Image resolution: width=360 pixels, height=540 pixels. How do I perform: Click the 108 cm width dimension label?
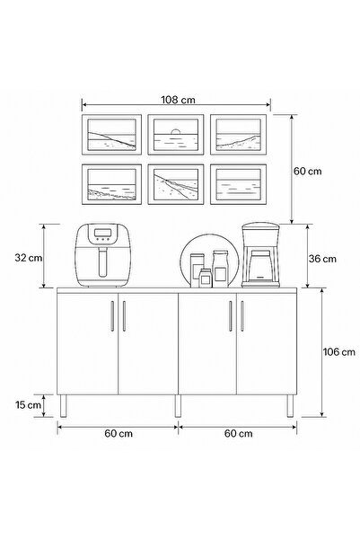[x=178, y=100]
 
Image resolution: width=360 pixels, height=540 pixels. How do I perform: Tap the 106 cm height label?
[x=338, y=352]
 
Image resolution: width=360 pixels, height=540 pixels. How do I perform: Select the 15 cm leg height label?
[x=28, y=405]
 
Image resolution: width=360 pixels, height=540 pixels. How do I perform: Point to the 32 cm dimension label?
[x=28, y=258]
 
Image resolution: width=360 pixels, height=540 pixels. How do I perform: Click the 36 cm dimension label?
[x=322, y=259]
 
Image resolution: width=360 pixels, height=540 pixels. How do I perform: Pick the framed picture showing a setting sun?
[x=176, y=135]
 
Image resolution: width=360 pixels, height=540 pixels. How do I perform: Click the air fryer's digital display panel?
[x=103, y=233]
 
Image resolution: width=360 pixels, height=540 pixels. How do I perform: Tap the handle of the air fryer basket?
[x=102, y=262]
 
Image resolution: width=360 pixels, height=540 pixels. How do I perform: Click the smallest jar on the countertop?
[x=206, y=278]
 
